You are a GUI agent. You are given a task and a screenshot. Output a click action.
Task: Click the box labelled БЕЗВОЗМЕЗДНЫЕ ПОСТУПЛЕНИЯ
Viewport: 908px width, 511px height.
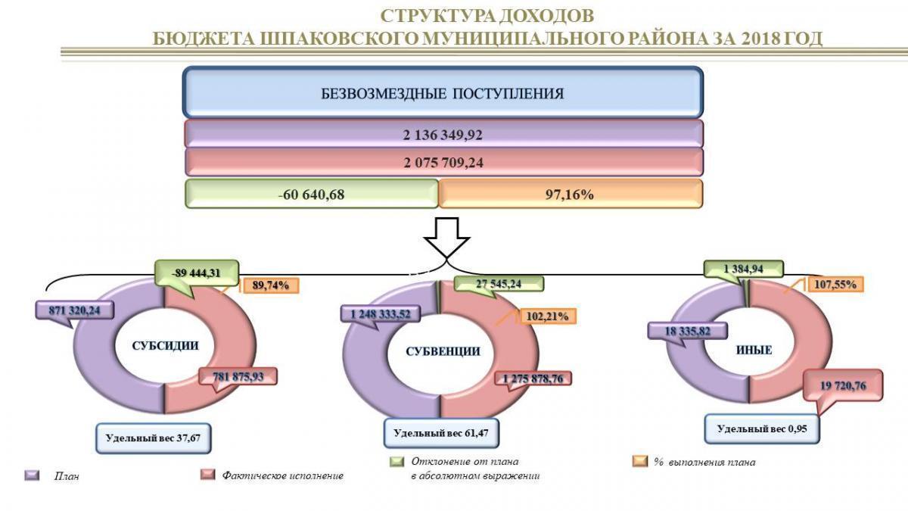pos(443,94)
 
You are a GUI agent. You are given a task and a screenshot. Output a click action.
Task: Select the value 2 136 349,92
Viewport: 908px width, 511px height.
pos(443,134)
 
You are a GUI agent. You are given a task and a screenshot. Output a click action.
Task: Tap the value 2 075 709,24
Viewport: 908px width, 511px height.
pos(443,162)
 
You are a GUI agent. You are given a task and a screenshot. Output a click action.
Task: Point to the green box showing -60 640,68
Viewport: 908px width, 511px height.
pos(312,194)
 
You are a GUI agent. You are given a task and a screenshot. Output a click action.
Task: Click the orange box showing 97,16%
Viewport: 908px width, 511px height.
pos(570,194)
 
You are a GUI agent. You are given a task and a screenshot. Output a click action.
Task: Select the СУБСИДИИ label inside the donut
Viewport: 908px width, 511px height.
pos(165,346)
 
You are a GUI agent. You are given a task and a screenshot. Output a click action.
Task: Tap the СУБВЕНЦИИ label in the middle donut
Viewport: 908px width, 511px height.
pos(443,351)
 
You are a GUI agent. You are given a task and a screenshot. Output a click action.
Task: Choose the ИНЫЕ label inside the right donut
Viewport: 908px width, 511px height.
pos(754,350)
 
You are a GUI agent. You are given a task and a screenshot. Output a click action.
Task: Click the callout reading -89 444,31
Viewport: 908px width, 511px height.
pos(197,273)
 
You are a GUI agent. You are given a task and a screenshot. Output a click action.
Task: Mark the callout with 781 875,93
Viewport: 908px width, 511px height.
pos(238,376)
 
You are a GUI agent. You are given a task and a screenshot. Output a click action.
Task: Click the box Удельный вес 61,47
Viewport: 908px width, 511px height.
pos(442,434)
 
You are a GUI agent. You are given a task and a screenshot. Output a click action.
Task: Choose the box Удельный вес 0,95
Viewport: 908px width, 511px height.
pos(762,429)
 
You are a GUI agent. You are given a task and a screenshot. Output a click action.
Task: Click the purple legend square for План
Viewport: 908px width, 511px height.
pos(33,475)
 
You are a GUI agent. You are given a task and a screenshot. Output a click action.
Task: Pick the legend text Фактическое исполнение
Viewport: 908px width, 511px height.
pos(283,475)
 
